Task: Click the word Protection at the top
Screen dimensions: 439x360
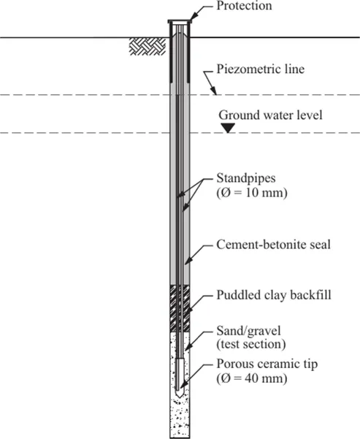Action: coord(245,6)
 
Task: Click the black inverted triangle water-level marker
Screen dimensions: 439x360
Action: coord(229,128)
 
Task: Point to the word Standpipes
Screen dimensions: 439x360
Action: coord(244,178)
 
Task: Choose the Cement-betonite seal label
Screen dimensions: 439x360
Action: coord(274,244)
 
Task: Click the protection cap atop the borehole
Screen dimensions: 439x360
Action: coord(180,23)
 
